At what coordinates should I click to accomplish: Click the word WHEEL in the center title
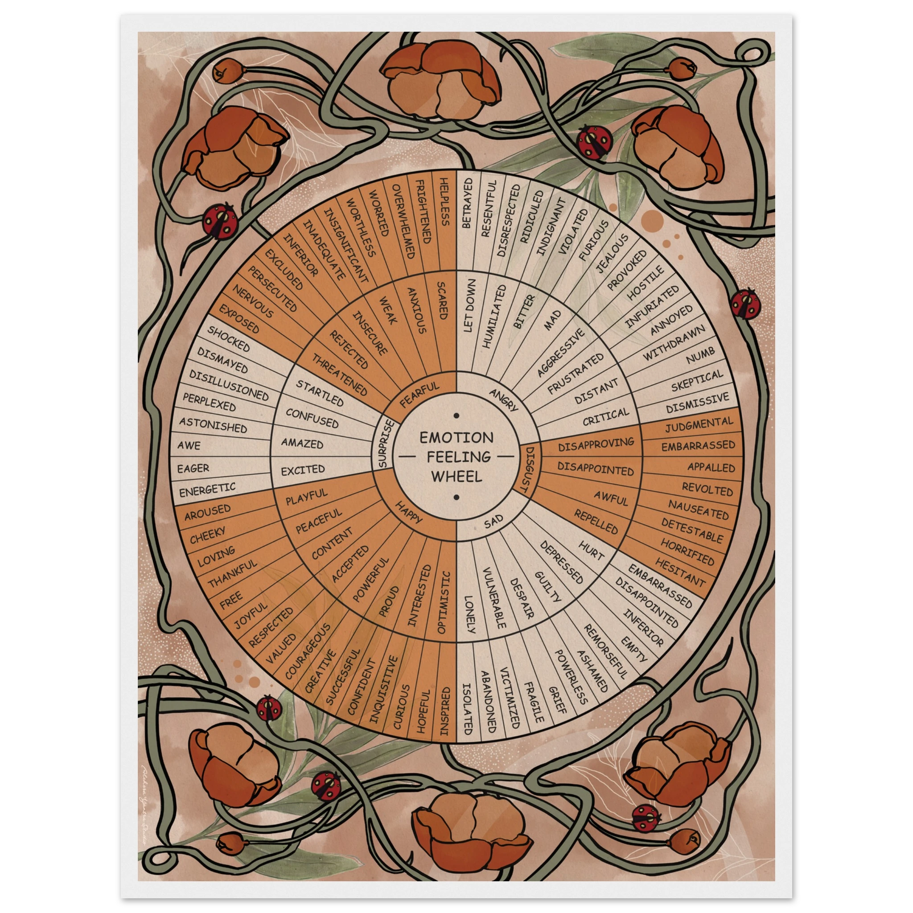coord(456,476)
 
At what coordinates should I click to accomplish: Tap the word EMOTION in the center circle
coord(456,437)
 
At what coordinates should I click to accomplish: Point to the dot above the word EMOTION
coord(456,416)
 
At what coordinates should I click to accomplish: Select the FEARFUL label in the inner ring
coord(419,395)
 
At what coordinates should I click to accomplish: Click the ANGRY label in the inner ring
coord(504,399)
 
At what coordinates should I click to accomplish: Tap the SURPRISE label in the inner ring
coord(383,443)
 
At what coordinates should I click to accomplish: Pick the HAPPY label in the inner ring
coord(409,512)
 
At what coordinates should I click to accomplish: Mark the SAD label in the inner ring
coord(494,522)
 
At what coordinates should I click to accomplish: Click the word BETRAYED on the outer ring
coord(467,203)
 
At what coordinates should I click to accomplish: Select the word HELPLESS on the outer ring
coord(444,202)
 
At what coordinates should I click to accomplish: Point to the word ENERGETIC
coord(207,489)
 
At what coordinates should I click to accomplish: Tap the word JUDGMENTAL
coord(699,424)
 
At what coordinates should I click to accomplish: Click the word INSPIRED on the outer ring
coord(444,711)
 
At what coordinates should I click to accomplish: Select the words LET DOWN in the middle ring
coord(469,305)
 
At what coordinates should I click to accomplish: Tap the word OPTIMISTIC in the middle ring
coord(444,602)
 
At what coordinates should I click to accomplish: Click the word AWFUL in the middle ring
coord(611,498)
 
